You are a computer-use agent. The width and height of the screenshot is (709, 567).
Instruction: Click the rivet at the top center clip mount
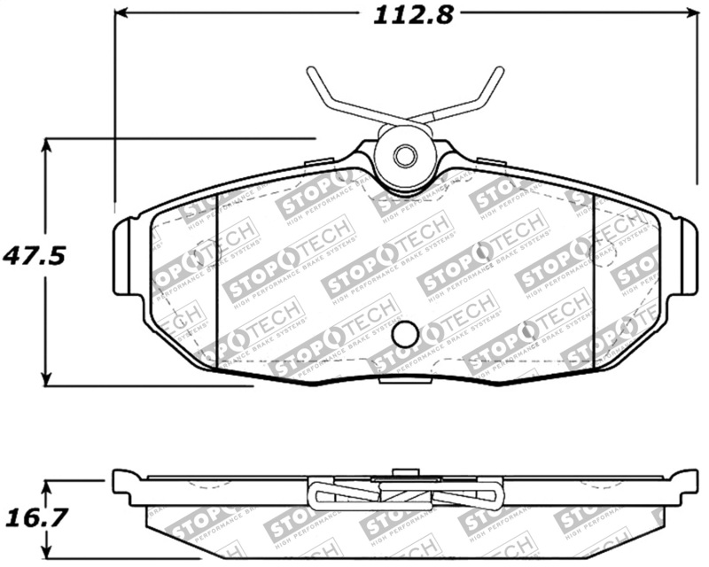404,157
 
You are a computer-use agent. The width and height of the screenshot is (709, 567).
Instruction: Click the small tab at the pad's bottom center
403,381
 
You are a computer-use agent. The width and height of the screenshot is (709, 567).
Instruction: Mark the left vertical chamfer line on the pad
218,283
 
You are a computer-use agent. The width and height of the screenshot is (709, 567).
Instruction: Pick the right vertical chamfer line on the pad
592,283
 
